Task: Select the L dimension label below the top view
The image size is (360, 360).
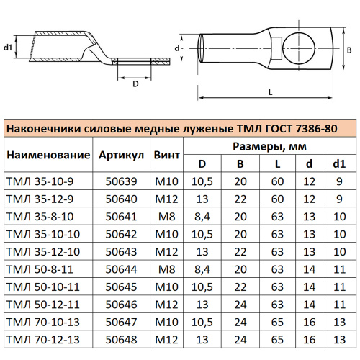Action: pos(269,91)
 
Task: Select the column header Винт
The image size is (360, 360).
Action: pos(168,155)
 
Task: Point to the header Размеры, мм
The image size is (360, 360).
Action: pos(268,147)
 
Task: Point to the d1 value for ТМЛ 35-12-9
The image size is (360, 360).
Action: pos(338,199)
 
